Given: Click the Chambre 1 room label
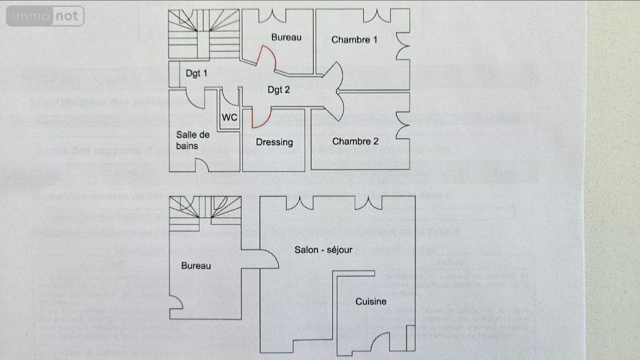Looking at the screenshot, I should [354, 39].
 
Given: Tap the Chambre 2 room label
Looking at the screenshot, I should [355, 141].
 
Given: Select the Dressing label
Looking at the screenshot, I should [274, 142].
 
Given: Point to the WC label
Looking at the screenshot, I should [229, 117].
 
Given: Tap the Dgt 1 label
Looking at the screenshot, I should [196, 74].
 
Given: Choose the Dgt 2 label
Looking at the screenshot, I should [278, 90].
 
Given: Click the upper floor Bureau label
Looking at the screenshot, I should [286, 37].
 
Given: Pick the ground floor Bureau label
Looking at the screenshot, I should [196, 266].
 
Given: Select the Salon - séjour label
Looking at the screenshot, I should [323, 249].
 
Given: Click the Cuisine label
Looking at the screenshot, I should [371, 301].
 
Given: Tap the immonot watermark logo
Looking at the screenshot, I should [45, 16].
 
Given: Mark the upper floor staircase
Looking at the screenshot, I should [204, 34].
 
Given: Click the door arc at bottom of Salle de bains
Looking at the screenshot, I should [201, 165].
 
